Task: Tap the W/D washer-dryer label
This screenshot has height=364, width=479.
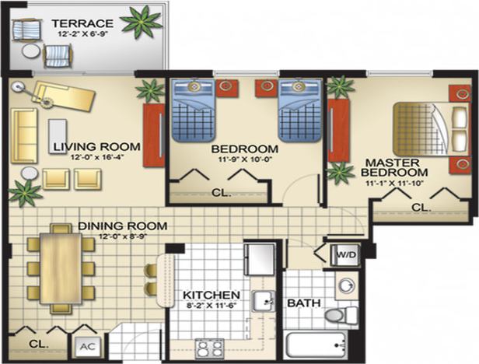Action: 345,254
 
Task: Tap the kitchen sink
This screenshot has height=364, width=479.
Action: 263,301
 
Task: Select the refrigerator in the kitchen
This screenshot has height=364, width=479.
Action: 259,259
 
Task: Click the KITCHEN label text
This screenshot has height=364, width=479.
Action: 211,296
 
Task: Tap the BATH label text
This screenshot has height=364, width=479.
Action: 302,303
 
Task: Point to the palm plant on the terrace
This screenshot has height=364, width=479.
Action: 142,21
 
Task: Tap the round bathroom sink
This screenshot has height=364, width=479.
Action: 347,285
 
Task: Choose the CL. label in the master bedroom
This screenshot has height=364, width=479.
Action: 421,208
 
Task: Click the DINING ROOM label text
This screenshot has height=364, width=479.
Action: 123,226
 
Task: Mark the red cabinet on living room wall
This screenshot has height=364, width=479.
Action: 152,135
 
